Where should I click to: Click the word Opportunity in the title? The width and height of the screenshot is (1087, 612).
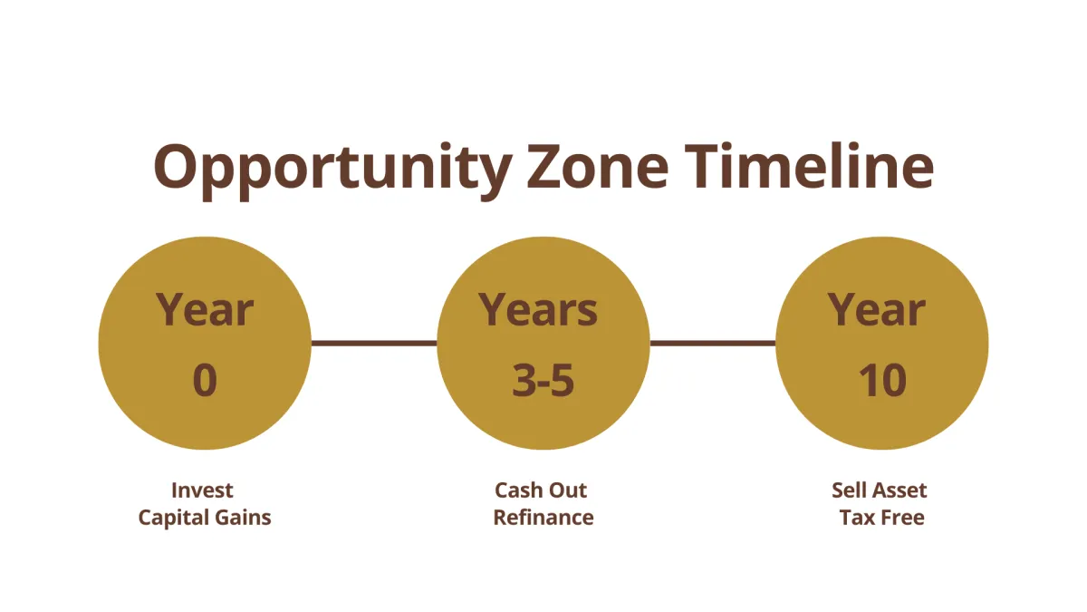pyautogui.click(x=333, y=171)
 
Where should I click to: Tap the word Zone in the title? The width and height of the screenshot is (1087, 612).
pyautogui.click(x=598, y=166)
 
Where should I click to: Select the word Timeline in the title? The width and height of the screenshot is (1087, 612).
pyautogui.click(x=809, y=165)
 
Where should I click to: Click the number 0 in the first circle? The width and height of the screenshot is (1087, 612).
pyautogui.click(x=205, y=381)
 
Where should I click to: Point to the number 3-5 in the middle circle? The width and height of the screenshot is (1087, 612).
pyautogui.click(x=543, y=381)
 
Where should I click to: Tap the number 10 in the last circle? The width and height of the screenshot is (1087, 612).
pyautogui.click(x=882, y=381)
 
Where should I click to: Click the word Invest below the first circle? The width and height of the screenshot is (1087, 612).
pyautogui.click(x=202, y=491)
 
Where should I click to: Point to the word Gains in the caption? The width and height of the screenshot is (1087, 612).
pyautogui.click(x=243, y=518)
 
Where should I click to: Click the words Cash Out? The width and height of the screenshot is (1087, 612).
pyautogui.click(x=541, y=491)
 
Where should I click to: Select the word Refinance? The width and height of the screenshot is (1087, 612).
pyautogui.click(x=543, y=518)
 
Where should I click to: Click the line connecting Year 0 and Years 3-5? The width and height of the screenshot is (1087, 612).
pyautogui.click(x=374, y=344)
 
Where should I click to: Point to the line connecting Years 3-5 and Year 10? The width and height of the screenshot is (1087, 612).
pyautogui.click(x=713, y=344)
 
